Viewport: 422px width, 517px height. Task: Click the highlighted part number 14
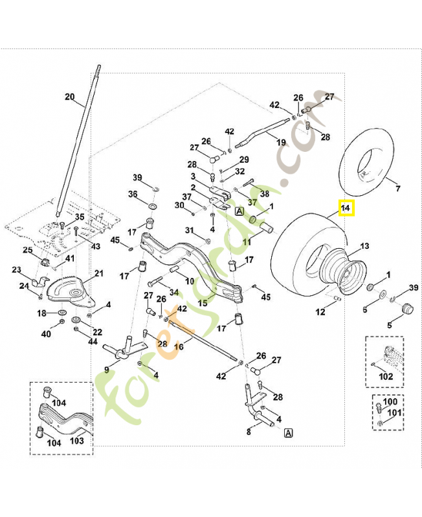pos(346,208)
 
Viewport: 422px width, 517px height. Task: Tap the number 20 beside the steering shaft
pos(70,98)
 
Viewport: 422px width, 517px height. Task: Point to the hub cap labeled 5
pos(406,308)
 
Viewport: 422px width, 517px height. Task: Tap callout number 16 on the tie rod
pos(179,347)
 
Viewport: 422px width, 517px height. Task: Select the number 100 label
pos(390,402)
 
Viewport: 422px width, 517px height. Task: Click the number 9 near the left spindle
pos(107,370)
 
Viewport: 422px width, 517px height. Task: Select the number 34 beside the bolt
pos(173,293)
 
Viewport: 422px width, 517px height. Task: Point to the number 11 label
pos(247,242)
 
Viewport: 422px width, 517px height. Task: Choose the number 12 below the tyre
pos(320,312)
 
